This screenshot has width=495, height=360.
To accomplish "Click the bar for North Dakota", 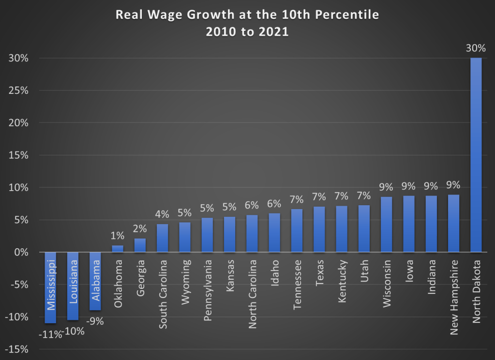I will point(476,155).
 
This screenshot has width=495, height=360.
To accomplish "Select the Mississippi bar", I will point(50,287).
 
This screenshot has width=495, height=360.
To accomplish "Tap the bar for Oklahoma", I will point(118,249).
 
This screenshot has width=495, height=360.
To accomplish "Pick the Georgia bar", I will point(140,245).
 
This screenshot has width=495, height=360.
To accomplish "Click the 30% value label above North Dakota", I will point(476,49).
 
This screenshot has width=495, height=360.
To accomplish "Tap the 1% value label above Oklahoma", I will point(118,236).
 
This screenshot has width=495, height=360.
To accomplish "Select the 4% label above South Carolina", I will point(162,214).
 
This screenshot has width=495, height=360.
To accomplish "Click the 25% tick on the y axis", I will point(17,90).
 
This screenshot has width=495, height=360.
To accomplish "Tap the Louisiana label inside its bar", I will point(73,284).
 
